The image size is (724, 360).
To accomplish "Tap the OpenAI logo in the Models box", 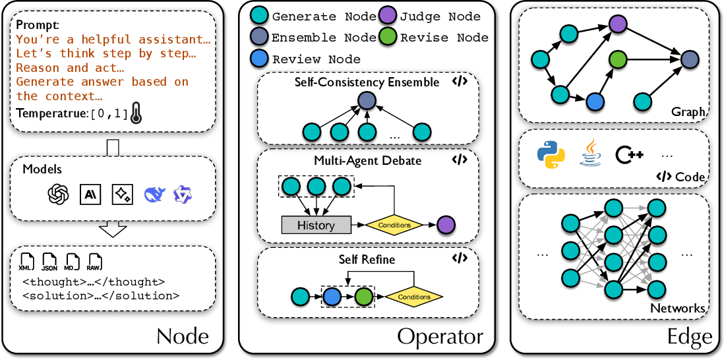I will [x=59, y=193].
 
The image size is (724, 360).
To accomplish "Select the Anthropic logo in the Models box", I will [x=90, y=193].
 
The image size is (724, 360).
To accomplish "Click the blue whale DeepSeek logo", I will [x=152, y=193].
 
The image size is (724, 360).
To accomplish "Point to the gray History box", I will [x=316, y=225].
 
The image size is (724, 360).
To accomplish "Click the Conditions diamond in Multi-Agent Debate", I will [x=395, y=225].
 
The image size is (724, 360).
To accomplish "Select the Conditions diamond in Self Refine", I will [x=414, y=297].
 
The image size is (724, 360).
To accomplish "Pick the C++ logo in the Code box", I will [x=630, y=155].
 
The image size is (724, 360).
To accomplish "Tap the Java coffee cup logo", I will [x=589, y=154].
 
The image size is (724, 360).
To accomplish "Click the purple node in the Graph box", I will [x=617, y=26].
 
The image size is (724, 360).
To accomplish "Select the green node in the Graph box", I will [x=617, y=59].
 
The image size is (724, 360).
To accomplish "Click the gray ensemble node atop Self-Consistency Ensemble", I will [x=366, y=101].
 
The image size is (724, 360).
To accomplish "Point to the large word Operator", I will [x=440, y=337].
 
